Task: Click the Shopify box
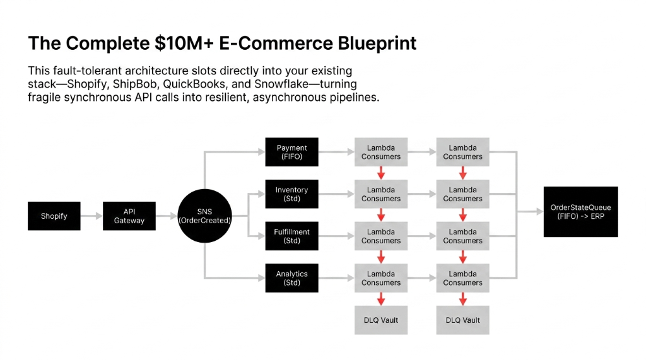coord(54,216)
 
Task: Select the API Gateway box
coord(129,216)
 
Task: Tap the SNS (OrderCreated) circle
coord(204,216)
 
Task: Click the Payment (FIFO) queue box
coord(291,153)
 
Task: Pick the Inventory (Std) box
coord(291,194)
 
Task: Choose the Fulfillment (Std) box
coord(291,236)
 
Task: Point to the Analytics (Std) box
coord(291,278)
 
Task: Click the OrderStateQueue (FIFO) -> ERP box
coord(580,212)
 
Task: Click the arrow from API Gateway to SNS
coord(167,216)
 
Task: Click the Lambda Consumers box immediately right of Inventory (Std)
coord(381,194)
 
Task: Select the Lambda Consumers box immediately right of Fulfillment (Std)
coord(381,236)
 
